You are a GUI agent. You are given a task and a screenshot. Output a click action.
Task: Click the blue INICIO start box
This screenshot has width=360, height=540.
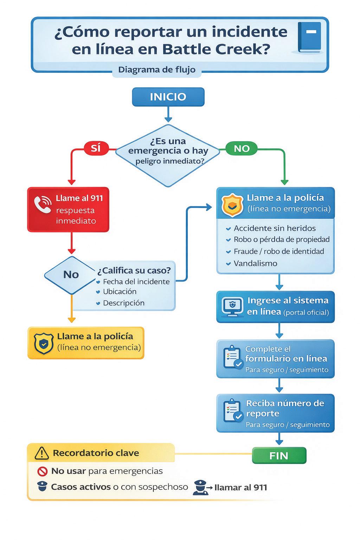click(x=168, y=97)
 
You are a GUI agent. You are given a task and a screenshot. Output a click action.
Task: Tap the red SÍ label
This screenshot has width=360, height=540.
click(x=96, y=148)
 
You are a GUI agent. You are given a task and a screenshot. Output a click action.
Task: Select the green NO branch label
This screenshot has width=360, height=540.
click(x=242, y=149)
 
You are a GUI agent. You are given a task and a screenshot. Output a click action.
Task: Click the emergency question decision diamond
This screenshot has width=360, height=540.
click(x=168, y=155)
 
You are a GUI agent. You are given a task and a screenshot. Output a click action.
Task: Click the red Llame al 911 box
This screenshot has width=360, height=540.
click(x=68, y=210)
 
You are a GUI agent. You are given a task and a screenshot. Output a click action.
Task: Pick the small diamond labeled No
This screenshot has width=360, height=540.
click(x=71, y=275)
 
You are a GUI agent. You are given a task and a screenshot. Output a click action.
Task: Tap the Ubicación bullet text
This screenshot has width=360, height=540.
click(x=120, y=291)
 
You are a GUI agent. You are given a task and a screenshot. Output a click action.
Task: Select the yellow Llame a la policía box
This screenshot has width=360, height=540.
click(x=86, y=342)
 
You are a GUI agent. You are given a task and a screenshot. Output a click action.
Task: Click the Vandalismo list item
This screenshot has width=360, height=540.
click(x=255, y=263)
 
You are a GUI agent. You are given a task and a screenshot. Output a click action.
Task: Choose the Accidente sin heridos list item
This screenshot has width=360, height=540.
click(x=275, y=228)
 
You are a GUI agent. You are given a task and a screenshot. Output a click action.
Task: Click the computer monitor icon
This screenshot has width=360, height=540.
click(x=232, y=306)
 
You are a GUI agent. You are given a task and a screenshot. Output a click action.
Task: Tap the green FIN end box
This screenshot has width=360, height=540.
click(x=279, y=456)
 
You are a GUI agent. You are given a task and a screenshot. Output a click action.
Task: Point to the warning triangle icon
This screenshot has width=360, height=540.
click(x=42, y=453)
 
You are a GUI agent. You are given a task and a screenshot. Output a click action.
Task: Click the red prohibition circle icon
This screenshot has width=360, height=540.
click(x=42, y=471)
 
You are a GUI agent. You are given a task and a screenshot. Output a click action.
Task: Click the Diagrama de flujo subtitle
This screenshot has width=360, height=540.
click(x=157, y=70)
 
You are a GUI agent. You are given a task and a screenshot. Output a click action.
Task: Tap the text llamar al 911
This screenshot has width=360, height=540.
click(x=240, y=488)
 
